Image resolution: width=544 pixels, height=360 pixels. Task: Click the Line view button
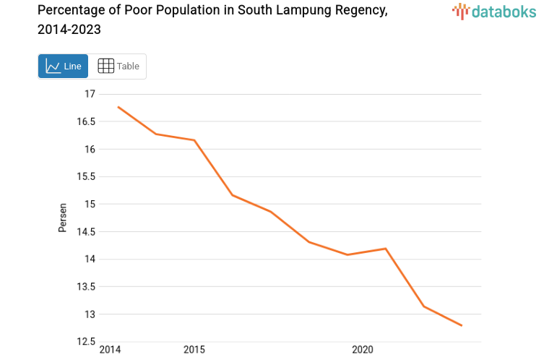(x=64, y=67)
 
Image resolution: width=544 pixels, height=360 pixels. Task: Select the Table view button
(x=118, y=67)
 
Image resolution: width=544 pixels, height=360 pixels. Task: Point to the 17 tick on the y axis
(x=90, y=94)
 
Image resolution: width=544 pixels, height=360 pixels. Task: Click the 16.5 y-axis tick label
(x=86, y=121)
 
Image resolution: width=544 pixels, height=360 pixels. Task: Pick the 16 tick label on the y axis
(x=90, y=149)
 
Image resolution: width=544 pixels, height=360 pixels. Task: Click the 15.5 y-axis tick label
(x=86, y=176)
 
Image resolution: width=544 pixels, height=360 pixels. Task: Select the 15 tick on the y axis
(x=90, y=204)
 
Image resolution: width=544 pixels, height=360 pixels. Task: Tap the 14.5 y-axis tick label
(x=86, y=231)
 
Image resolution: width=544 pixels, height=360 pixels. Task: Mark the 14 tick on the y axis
(x=90, y=259)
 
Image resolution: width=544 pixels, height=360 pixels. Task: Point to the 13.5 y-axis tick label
(x=86, y=286)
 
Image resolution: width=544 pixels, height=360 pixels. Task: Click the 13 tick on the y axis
(x=90, y=314)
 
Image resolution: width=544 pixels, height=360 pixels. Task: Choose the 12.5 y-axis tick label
(x=86, y=341)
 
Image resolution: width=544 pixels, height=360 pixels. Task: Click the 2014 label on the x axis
(x=110, y=351)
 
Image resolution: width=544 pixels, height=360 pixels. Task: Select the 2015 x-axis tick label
(x=194, y=351)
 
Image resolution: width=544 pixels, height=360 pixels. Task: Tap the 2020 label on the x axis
(x=362, y=351)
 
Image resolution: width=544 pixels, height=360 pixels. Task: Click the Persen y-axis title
(x=63, y=218)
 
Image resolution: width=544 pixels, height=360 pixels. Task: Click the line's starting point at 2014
(x=118, y=107)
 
